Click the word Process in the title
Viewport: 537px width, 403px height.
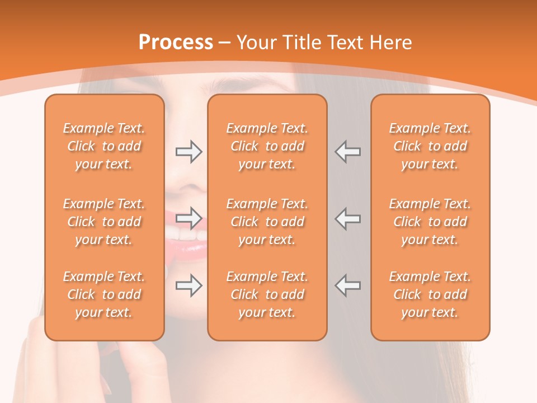coord(176,43)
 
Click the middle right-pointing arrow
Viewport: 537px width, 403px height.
coord(189,218)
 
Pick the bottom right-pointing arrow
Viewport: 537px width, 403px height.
coord(189,285)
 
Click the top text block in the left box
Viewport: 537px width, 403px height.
coord(104,146)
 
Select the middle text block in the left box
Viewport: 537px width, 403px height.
coord(104,222)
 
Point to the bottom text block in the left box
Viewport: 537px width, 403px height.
coord(104,294)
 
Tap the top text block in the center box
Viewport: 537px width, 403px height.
coord(267,146)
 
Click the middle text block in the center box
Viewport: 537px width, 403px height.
coord(267,222)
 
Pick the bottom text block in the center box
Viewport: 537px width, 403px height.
coord(267,294)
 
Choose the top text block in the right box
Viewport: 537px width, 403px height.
coord(430,146)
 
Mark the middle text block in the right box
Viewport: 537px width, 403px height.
coord(430,222)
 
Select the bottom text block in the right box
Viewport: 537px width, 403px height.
coord(430,294)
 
